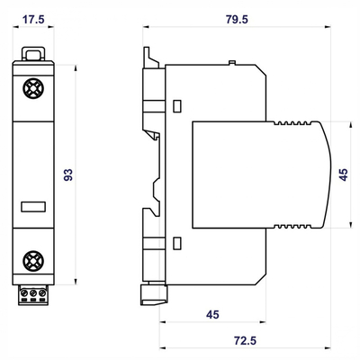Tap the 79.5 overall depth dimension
238,17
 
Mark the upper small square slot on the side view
177,105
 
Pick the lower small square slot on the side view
177,242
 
